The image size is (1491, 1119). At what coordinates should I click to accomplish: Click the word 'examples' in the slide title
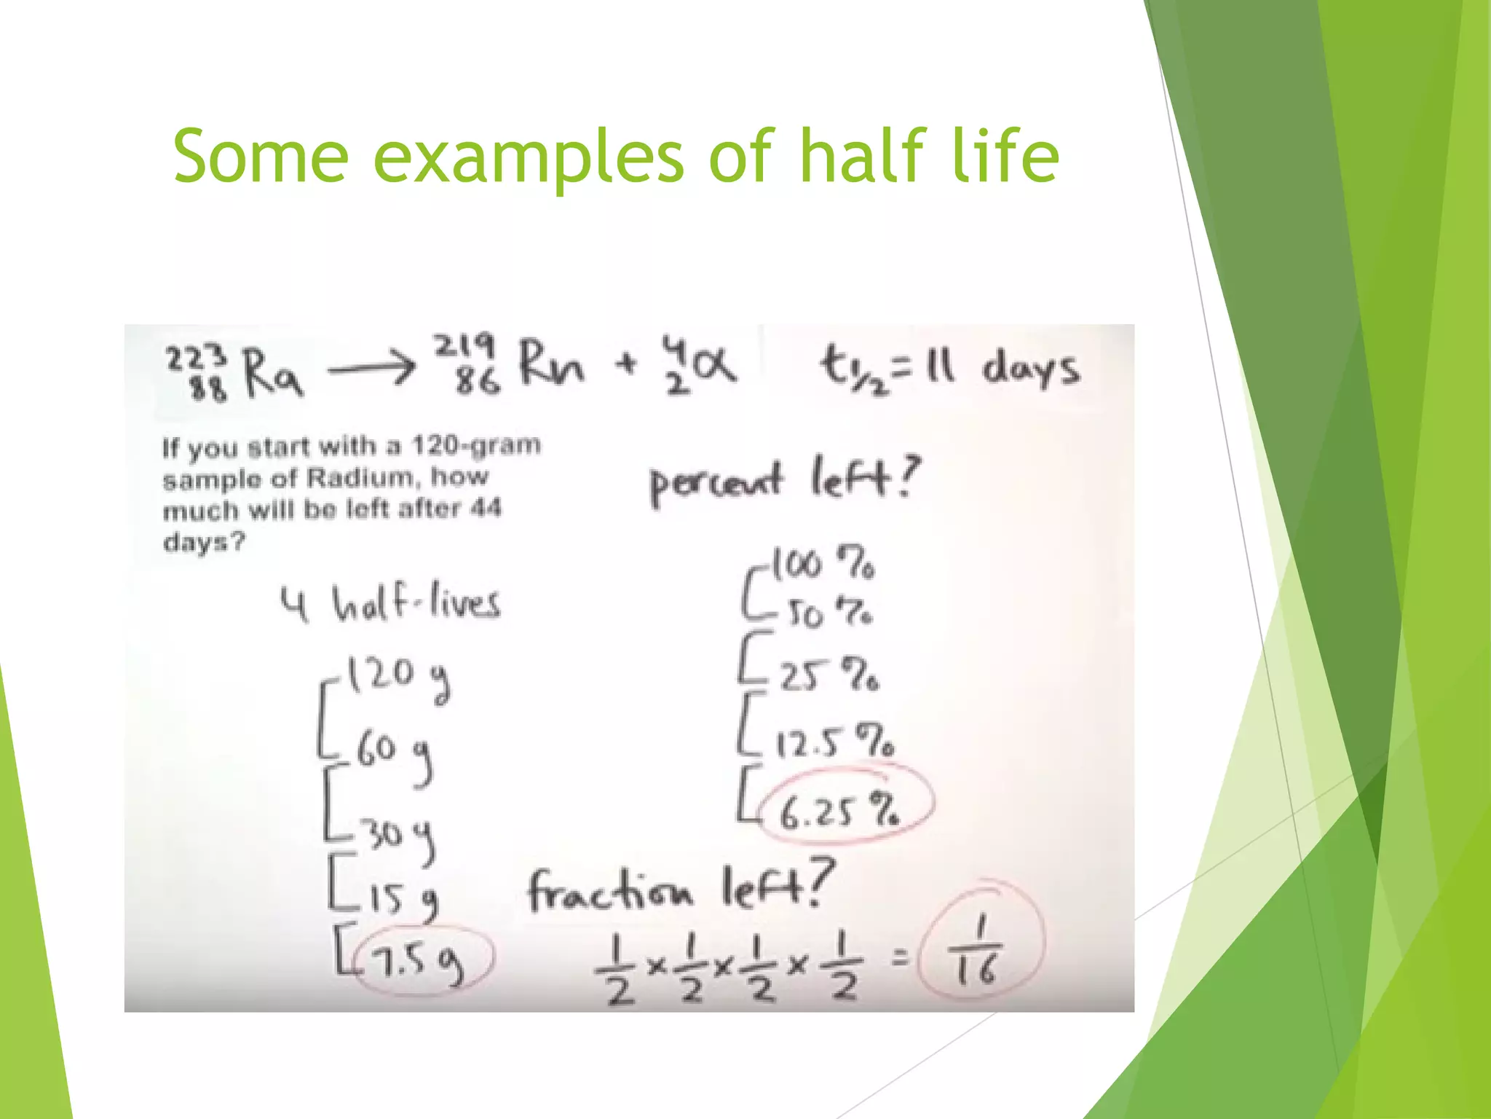(x=529, y=157)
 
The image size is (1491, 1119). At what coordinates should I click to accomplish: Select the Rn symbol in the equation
(x=551, y=365)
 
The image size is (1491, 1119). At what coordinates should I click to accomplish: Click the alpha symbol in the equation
(x=713, y=365)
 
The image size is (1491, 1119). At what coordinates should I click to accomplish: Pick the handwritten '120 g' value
(x=398, y=678)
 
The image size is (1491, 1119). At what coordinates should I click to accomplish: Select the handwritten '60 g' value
(x=394, y=754)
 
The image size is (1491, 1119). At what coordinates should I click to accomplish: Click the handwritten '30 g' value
(x=400, y=836)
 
